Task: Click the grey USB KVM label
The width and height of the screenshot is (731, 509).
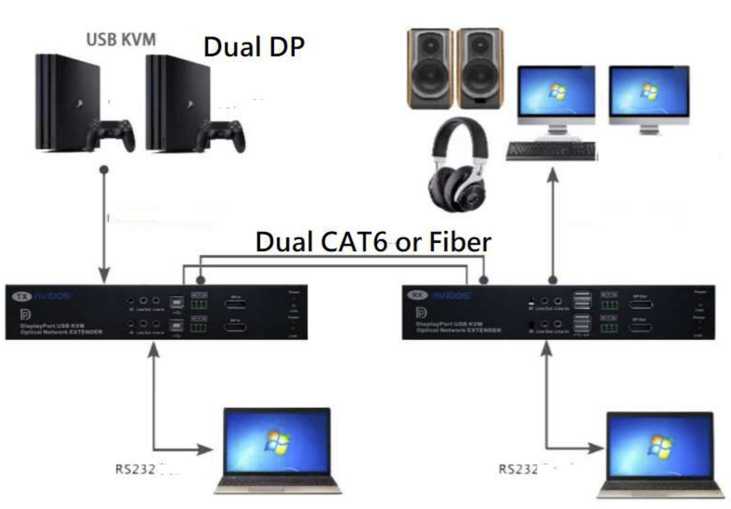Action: click(x=120, y=41)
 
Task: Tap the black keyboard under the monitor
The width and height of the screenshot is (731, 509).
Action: click(x=551, y=151)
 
